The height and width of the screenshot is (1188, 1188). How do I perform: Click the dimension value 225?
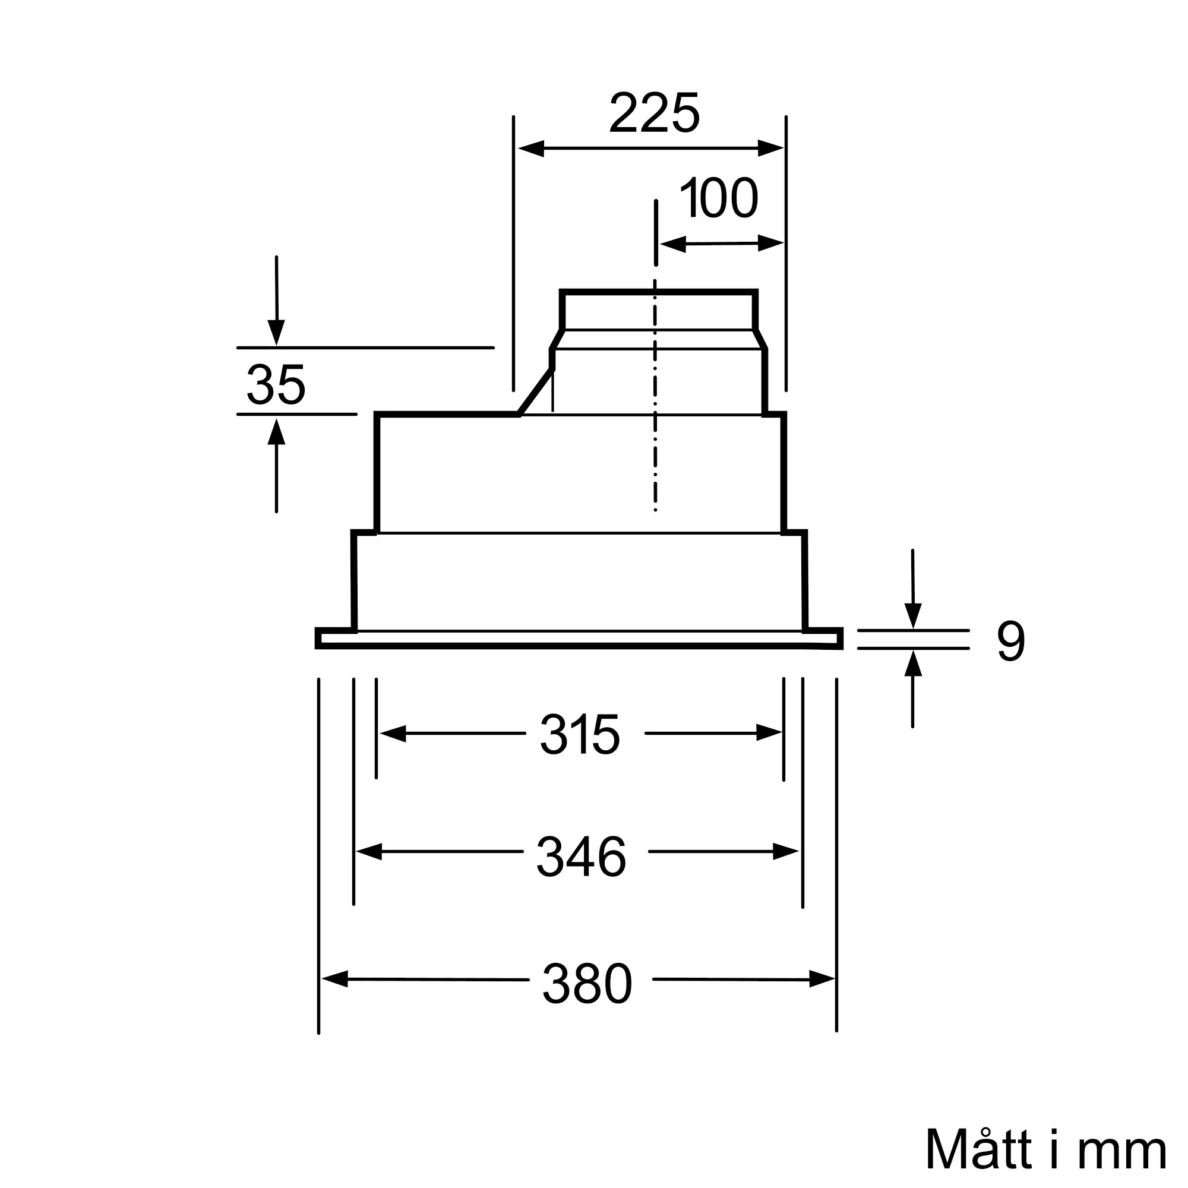[x=654, y=113]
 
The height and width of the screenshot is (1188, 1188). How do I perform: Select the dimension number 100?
[x=718, y=197]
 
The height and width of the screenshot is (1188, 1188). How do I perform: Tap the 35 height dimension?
[x=276, y=385]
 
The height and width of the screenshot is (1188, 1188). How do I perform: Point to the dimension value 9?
[x=1011, y=641]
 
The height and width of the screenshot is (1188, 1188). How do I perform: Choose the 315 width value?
[x=580, y=734]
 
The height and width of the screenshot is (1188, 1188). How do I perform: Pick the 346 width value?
[x=581, y=857]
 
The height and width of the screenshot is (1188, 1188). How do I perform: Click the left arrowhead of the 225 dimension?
[x=531, y=148]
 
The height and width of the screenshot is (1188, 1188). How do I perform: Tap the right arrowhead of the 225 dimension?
[x=771, y=148]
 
